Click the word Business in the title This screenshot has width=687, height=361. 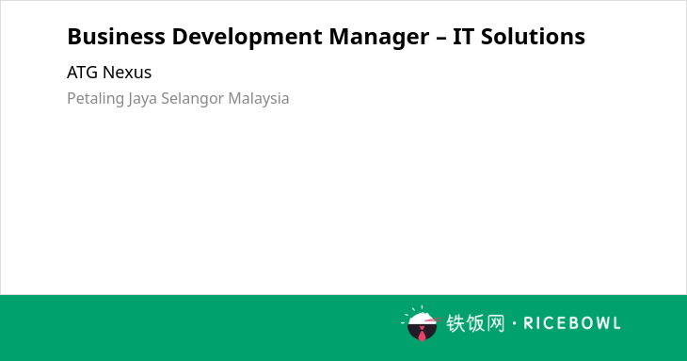point(116,37)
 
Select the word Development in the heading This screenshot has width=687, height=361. point(248,38)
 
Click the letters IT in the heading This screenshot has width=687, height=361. point(464,37)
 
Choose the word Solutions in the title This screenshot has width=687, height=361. point(533,37)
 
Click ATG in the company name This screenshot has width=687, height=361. point(83,73)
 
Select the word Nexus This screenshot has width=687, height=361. point(127,73)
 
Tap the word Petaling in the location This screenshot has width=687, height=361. point(95,99)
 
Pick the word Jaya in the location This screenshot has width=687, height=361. point(142,99)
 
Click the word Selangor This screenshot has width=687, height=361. point(193,99)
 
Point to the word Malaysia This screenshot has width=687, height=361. point(259,99)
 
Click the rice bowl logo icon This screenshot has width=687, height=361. point(421,323)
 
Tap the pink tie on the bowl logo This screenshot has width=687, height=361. point(422,334)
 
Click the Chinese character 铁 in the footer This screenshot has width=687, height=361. point(455,323)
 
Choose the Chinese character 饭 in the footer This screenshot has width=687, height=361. point(475,323)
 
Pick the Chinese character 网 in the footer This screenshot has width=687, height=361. point(495,323)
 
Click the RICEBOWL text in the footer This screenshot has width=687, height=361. point(572,323)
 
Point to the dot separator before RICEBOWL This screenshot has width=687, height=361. point(515,323)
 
